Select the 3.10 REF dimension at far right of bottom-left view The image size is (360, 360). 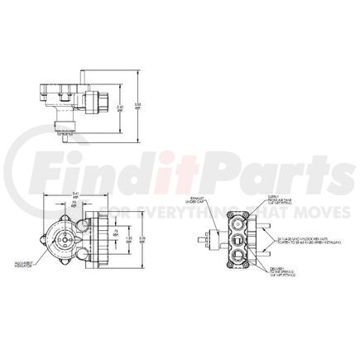143,239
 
